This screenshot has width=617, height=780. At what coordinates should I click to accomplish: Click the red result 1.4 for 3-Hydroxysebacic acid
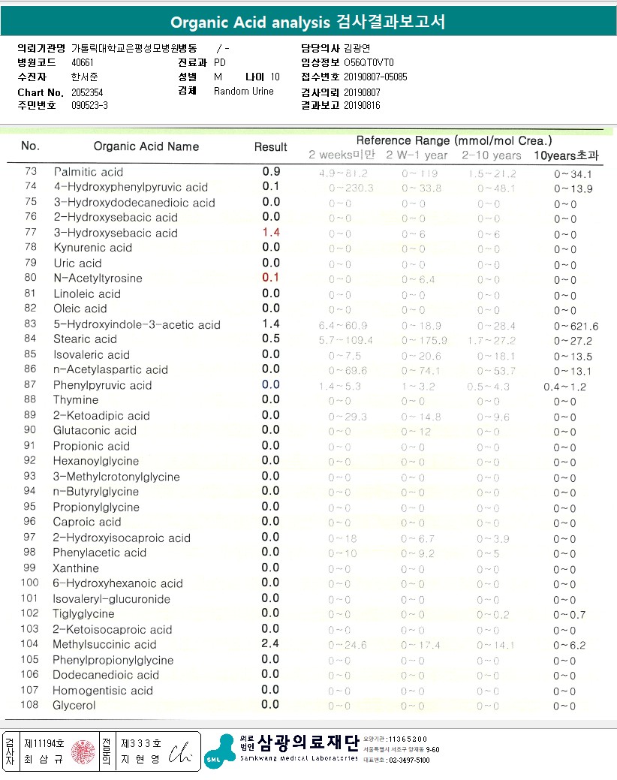click(271, 233)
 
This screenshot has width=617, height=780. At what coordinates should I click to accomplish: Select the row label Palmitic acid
click(89, 172)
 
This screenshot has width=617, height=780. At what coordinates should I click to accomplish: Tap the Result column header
click(271, 147)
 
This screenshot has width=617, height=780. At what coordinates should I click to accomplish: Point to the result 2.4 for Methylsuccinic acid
click(271, 644)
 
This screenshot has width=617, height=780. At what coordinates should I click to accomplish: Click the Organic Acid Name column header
click(146, 146)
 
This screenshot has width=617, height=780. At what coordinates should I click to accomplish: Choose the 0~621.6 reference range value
click(576, 326)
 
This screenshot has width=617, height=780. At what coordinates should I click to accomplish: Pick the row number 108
click(30, 706)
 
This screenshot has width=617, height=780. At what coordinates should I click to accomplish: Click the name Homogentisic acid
click(103, 691)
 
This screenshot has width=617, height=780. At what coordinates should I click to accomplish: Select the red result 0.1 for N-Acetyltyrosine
click(271, 278)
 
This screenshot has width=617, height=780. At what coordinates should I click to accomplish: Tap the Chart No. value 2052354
click(82, 92)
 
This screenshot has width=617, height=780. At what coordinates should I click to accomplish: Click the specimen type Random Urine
click(244, 92)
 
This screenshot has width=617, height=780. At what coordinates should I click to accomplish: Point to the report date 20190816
click(362, 105)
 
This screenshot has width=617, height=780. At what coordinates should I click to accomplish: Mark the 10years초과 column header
click(567, 155)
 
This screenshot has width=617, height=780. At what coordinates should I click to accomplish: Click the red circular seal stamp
click(80, 751)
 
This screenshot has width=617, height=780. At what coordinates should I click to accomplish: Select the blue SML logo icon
click(217, 753)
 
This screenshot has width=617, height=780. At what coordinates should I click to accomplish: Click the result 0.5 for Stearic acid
click(271, 339)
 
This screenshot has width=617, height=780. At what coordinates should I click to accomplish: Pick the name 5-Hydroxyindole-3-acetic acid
click(137, 325)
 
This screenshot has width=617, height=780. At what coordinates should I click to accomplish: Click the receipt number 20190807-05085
click(375, 77)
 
